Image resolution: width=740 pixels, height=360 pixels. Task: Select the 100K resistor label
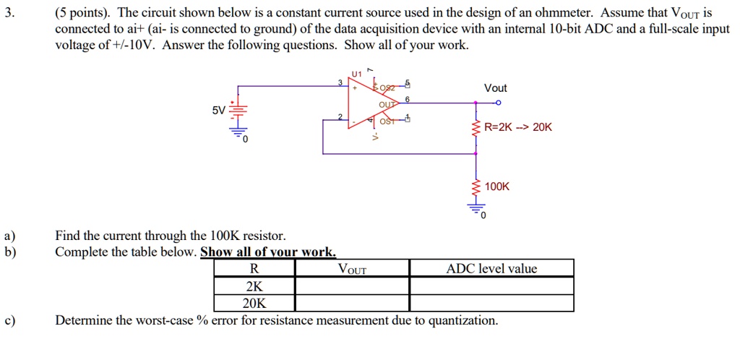[x=497, y=187]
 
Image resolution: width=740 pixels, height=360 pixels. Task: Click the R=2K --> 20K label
[x=518, y=127]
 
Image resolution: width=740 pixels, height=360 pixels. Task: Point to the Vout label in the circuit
[x=495, y=88]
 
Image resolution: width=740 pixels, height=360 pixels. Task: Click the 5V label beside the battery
[x=218, y=111]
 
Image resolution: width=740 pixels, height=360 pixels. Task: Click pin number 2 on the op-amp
[x=340, y=116]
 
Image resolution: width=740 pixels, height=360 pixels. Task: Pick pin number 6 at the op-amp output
[x=408, y=99]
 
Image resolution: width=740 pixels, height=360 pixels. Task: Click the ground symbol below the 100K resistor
[x=476, y=211]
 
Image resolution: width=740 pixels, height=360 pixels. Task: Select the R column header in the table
[x=254, y=269]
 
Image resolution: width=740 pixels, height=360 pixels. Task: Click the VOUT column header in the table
[x=352, y=270]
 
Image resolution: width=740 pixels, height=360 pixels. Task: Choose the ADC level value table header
[x=491, y=269]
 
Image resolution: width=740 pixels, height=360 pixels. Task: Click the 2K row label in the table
[x=254, y=286]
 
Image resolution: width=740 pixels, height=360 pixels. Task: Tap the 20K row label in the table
[x=254, y=303]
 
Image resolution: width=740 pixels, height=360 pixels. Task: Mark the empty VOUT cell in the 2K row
[x=352, y=286]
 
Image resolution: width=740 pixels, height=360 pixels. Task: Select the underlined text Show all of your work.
[x=268, y=252]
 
